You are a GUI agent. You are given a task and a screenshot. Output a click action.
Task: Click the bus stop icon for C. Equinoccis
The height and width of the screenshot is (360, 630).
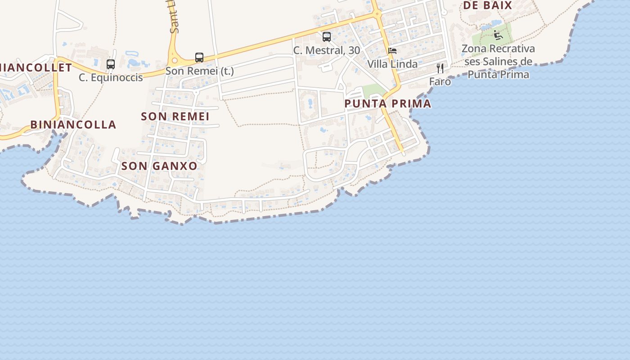[111, 64]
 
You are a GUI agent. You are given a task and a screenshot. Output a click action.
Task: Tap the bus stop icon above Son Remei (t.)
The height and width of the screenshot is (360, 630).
[199, 58]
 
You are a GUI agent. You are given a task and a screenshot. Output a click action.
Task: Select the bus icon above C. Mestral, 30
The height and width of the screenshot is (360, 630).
[327, 37]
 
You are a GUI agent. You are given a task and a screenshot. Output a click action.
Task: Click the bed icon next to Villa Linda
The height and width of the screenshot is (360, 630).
[393, 51]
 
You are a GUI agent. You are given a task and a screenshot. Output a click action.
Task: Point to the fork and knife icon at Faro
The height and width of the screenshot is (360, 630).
[440, 68]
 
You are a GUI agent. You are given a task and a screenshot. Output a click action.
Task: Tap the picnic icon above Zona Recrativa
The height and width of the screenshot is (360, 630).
[497, 35]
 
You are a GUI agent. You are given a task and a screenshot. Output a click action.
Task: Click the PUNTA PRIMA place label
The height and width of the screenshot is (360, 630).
[387, 104]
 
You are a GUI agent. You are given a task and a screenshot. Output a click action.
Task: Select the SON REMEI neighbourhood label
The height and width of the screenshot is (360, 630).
[175, 117]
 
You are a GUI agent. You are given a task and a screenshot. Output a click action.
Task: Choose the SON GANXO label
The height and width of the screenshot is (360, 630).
[159, 166]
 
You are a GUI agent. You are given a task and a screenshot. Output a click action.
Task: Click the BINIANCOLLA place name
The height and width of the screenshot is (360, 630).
[73, 125]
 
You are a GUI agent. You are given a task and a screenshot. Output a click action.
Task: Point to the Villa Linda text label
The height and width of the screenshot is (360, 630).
[392, 64]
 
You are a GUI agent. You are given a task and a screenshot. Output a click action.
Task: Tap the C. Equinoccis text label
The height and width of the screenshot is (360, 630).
[111, 77]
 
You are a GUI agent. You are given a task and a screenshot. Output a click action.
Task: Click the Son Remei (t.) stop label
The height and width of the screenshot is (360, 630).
[199, 71]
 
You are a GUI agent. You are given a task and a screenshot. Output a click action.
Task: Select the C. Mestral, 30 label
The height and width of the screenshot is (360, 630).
[327, 50]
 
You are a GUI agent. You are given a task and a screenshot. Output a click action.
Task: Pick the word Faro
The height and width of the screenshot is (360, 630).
[440, 81]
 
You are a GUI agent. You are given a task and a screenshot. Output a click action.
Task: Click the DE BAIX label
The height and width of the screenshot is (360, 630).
[488, 5]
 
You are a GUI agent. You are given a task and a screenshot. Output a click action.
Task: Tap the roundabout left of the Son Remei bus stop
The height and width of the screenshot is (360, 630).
[174, 60]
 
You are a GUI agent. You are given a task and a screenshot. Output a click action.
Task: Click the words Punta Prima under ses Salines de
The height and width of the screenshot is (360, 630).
[498, 74]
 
